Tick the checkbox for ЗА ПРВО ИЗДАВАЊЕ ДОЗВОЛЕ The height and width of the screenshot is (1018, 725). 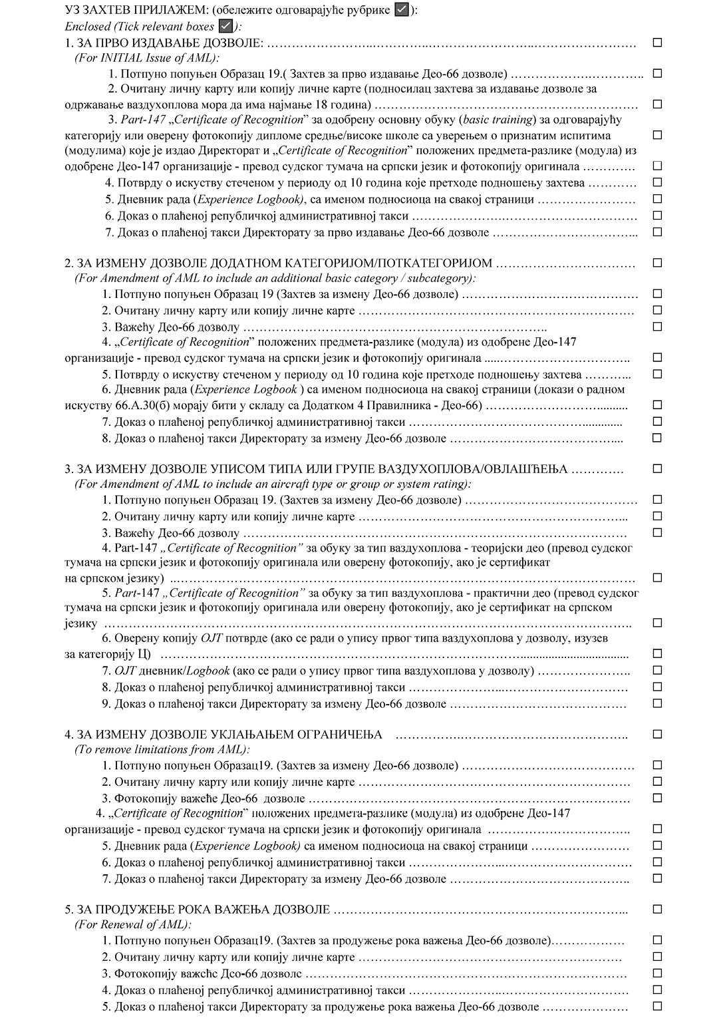657,43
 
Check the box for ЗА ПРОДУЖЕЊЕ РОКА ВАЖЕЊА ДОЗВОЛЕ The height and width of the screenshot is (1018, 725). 657,909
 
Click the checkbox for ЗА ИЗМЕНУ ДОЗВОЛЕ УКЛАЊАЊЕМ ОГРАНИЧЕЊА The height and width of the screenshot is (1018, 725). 657,734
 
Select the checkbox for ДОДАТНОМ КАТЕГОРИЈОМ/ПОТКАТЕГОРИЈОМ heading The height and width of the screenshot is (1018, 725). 657,263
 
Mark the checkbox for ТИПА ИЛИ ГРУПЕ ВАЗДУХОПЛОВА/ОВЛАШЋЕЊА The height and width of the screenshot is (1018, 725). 657,468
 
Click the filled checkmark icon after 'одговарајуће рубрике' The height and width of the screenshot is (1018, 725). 402,10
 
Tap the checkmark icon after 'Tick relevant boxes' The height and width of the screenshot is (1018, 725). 225,26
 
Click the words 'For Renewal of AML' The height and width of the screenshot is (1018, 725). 132,924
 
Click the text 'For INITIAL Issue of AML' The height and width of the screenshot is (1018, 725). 146,58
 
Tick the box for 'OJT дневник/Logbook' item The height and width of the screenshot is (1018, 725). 657,670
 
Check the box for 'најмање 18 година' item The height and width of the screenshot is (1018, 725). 657,104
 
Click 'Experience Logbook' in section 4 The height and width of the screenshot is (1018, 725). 246,846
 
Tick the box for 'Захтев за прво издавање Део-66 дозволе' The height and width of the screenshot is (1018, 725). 657,74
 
